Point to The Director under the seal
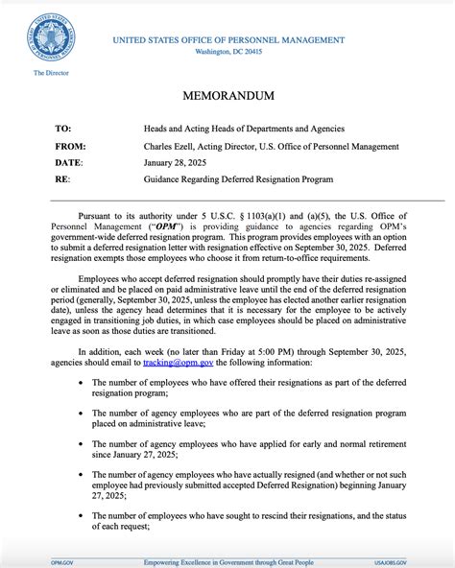click(x=49, y=73)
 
